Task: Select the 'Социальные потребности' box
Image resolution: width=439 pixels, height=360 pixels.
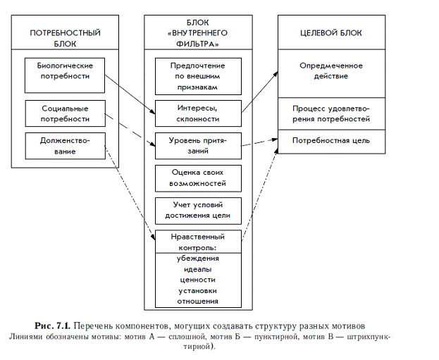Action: (x=65, y=114)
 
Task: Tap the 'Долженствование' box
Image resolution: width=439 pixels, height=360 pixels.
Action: (x=65, y=146)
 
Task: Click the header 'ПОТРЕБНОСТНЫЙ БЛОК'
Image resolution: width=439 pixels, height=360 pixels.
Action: (x=65, y=39)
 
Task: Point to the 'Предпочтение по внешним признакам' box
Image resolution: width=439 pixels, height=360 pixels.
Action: (x=197, y=76)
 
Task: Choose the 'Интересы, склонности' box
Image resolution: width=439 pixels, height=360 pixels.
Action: (x=197, y=113)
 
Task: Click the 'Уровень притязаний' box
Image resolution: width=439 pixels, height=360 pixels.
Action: (x=197, y=146)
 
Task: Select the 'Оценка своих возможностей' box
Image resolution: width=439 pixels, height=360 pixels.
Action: (x=197, y=178)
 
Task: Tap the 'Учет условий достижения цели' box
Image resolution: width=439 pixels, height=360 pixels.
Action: (x=197, y=211)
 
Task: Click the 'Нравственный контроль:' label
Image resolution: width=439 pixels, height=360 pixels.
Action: (x=197, y=242)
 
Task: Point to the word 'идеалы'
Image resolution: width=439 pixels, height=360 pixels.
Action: (x=197, y=269)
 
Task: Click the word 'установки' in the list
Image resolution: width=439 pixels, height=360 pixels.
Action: (x=197, y=290)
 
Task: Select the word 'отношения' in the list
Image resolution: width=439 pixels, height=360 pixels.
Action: (x=197, y=301)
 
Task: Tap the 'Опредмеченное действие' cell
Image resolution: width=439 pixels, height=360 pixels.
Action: (x=330, y=70)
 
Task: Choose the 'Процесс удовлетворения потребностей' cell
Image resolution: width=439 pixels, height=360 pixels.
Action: (x=330, y=114)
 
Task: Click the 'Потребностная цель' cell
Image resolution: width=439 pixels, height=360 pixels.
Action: (x=330, y=140)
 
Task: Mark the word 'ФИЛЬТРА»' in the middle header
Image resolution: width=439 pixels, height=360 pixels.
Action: (x=197, y=44)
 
